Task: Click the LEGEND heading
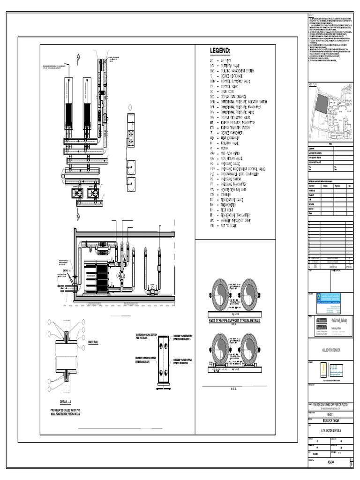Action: tap(219, 51)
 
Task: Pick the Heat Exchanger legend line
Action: tap(230, 139)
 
